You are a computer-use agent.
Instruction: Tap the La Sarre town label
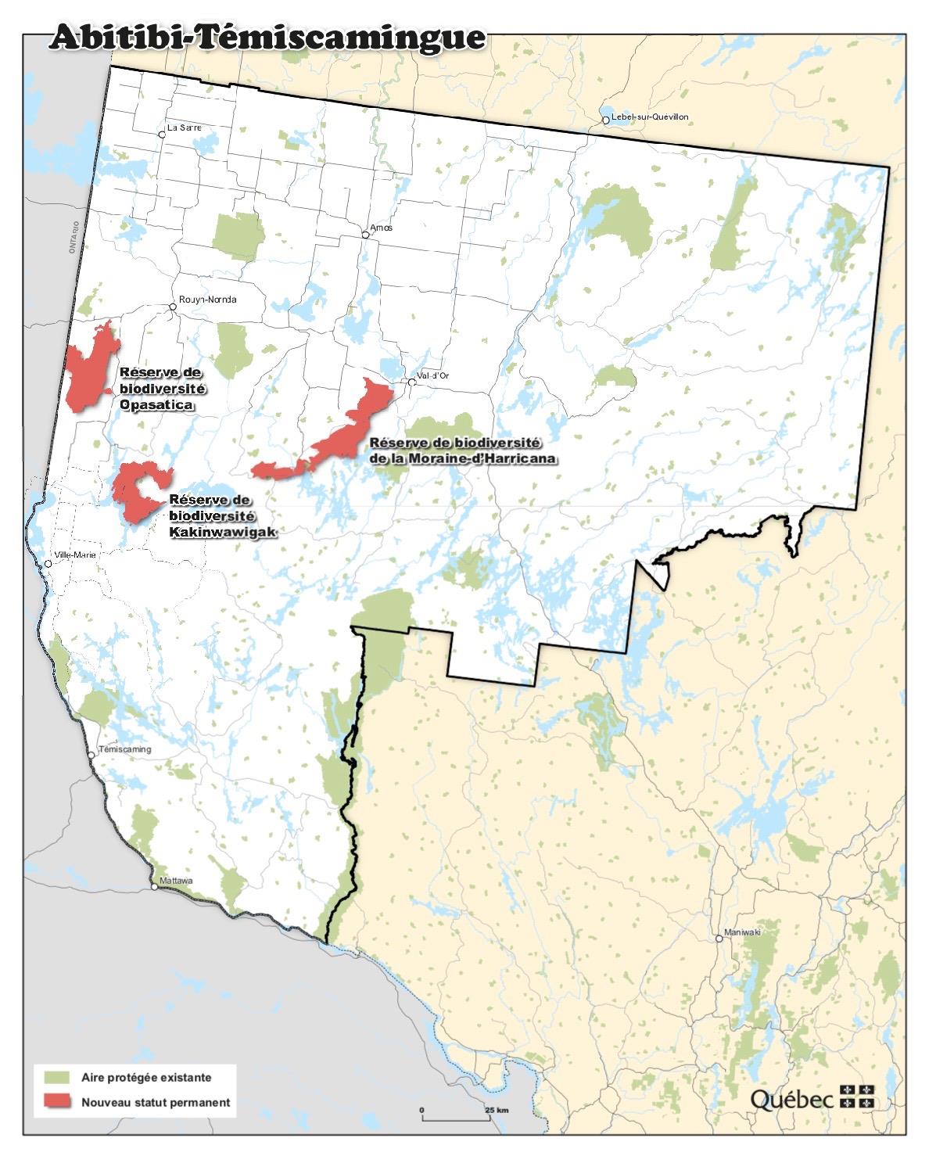coord(185,127)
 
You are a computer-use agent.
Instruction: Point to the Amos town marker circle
coord(365,235)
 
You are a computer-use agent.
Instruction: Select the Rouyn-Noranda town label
coord(207,300)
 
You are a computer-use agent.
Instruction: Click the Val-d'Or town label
coord(433,375)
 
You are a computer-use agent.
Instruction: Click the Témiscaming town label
coord(125,749)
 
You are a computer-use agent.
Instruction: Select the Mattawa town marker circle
coord(154,888)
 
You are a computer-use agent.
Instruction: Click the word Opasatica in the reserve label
coord(156,406)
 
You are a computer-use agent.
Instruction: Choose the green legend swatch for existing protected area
coord(57,1077)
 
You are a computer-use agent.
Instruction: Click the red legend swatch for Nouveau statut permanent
coord(57,1102)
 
